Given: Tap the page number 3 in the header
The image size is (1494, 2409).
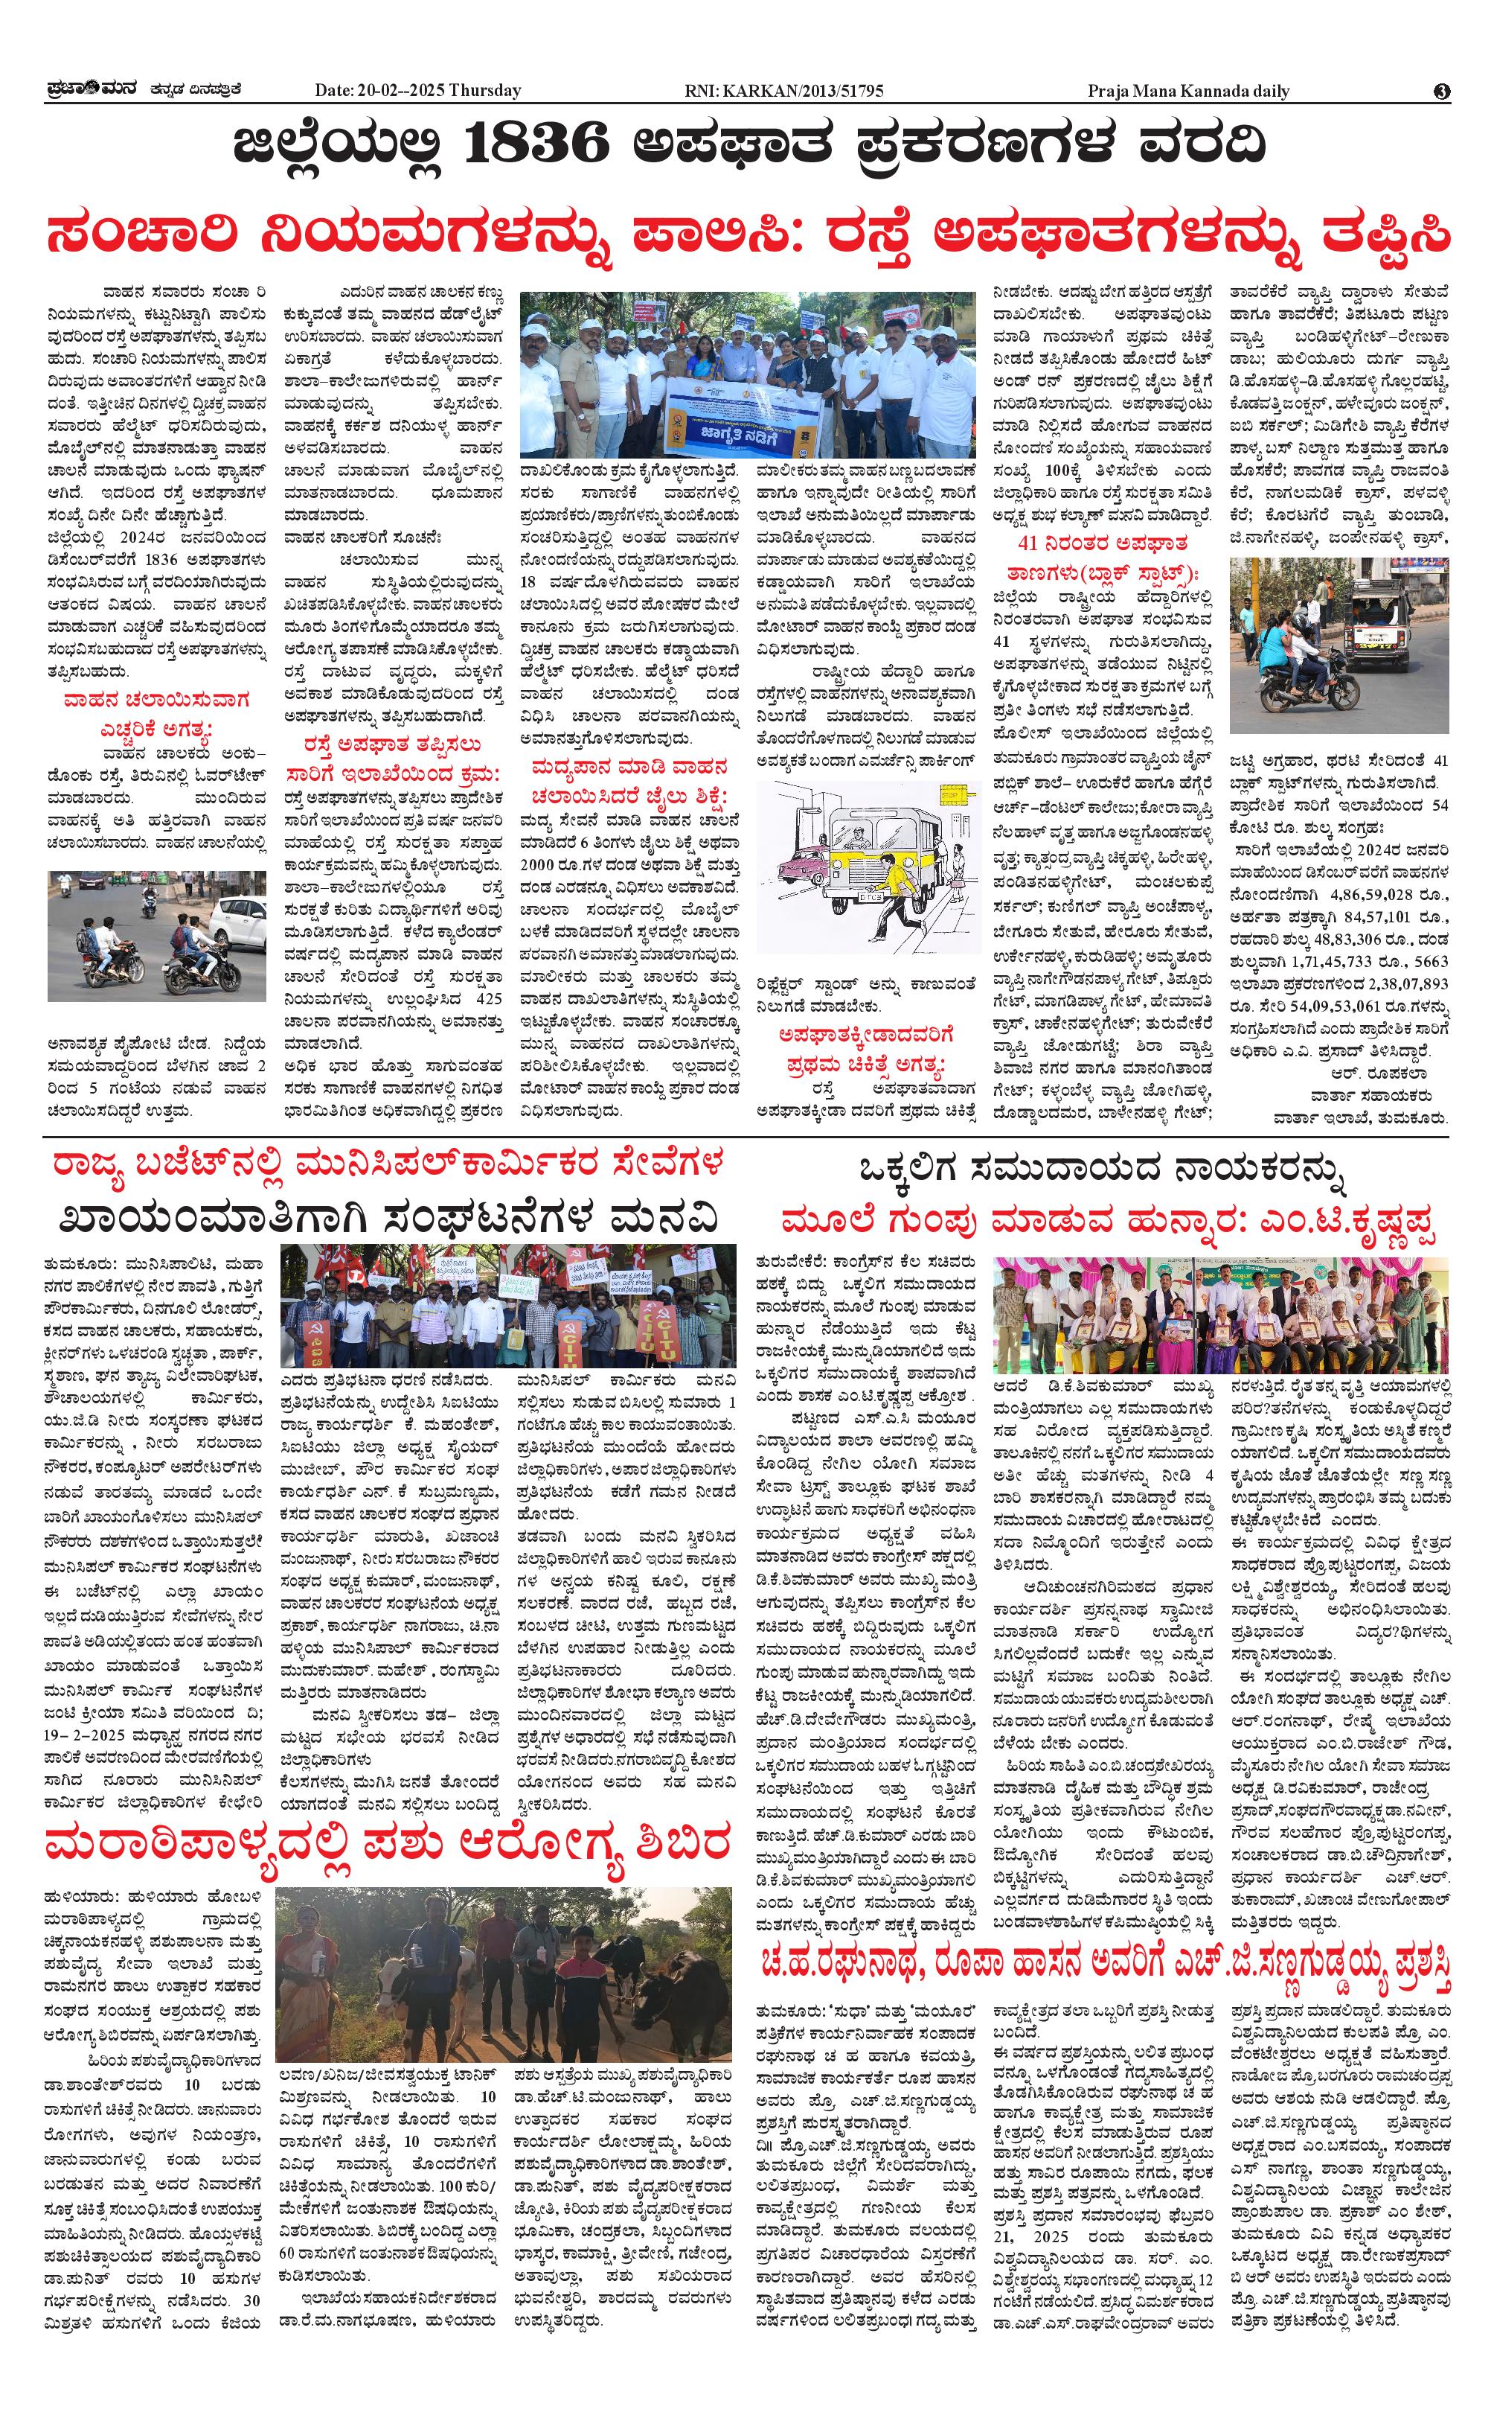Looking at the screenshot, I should coord(1442,91).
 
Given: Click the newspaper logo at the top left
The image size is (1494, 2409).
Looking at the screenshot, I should coord(94,90).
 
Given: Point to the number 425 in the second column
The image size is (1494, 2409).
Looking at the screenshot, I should coord(488,998).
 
